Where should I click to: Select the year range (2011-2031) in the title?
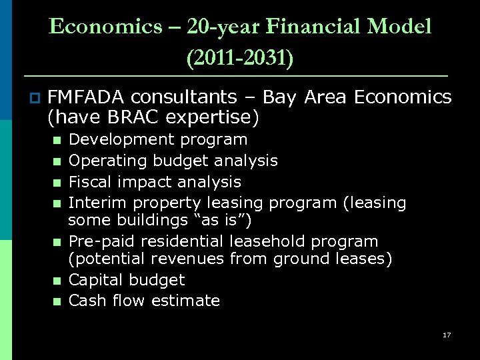[x=239, y=58]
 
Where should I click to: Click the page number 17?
[x=446, y=335]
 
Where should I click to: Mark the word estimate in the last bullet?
[x=185, y=301]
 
